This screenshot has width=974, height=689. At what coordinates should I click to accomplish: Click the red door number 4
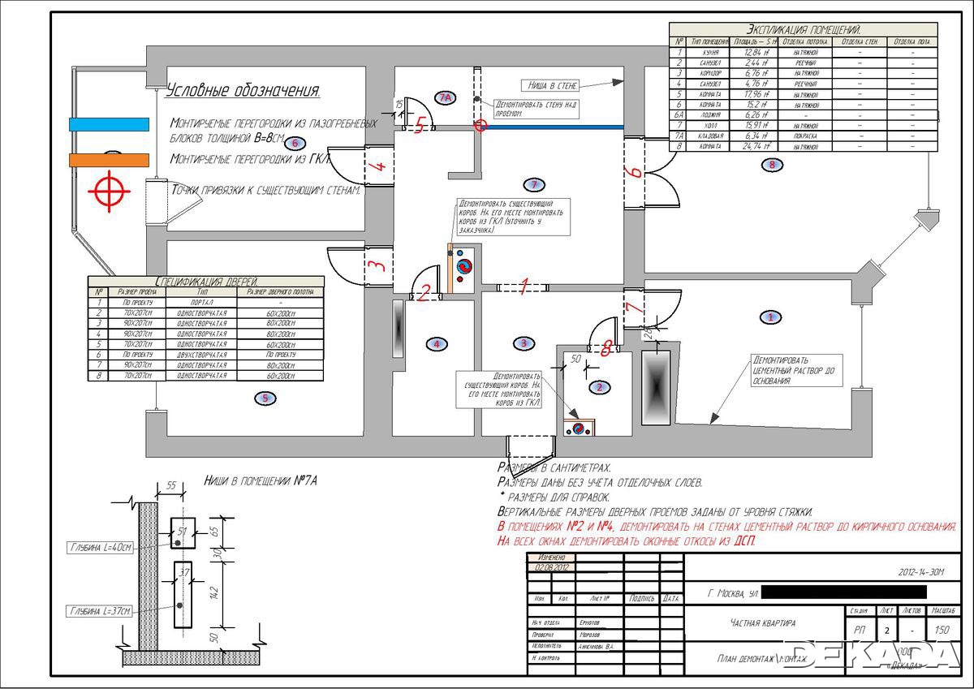(376, 168)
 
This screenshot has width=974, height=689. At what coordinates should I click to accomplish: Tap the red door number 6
(636, 172)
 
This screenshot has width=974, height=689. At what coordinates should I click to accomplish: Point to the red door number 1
(524, 286)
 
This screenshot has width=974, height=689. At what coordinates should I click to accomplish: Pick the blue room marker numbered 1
(770, 317)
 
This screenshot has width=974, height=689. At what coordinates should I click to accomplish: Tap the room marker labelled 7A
(444, 97)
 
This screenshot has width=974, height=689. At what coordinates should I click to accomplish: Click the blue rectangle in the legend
(109, 124)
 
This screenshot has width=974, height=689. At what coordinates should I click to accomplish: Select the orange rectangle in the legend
(109, 160)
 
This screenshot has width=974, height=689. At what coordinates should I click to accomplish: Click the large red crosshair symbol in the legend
(109, 192)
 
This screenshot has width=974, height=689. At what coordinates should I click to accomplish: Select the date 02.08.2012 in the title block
(550, 566)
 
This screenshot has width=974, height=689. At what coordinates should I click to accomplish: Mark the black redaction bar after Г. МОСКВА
(844, 593)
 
